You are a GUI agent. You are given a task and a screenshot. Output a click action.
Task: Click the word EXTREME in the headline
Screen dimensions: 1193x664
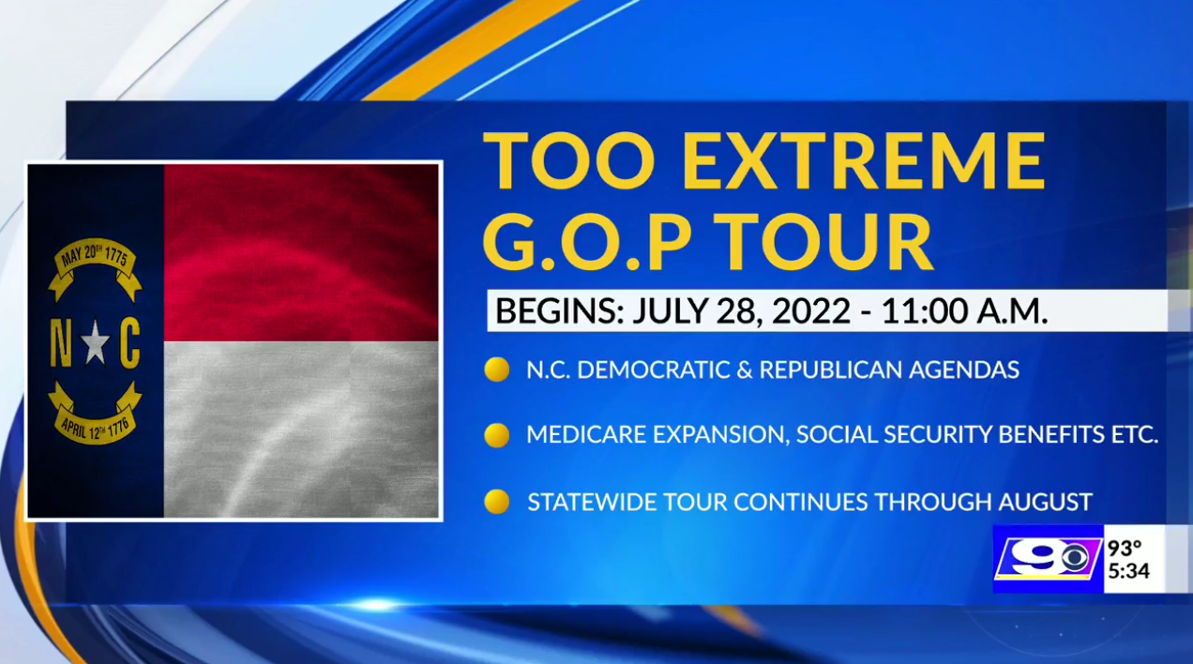click(x=863, y=160)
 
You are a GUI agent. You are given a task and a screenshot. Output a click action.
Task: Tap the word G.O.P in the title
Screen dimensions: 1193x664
click(x=586, y=241)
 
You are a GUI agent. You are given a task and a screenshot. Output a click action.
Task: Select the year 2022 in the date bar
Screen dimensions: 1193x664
click(x=809, y=310)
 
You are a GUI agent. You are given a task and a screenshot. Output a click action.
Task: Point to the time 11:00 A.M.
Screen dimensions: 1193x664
click(x=964, y=310)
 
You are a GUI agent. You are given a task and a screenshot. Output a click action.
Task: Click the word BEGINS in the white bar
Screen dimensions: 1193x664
click(x=559, y=310)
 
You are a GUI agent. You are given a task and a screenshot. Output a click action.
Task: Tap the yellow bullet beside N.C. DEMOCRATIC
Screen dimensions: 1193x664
click(x=497, y=370)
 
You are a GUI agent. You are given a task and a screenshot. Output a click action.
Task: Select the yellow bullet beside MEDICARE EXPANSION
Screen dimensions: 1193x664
click(x=497, y=435)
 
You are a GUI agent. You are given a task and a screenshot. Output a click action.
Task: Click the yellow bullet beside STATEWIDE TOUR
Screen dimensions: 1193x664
click(x=497, y=502)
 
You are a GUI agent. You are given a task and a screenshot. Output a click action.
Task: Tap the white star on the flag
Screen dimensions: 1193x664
click(x=96, y=342)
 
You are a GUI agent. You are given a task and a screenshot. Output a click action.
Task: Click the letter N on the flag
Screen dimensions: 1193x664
click(x=61, y=343)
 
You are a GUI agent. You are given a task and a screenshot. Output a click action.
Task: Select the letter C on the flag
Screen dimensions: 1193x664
click(x=130, y=343)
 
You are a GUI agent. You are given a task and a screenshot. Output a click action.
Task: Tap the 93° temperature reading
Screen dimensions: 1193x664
click(x=1125, y=548)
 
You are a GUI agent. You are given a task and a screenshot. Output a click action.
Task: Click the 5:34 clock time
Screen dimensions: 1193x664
click(x=1129, y=571)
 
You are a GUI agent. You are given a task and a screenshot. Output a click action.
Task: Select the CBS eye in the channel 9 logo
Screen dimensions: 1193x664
click(x=1075, y=558)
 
